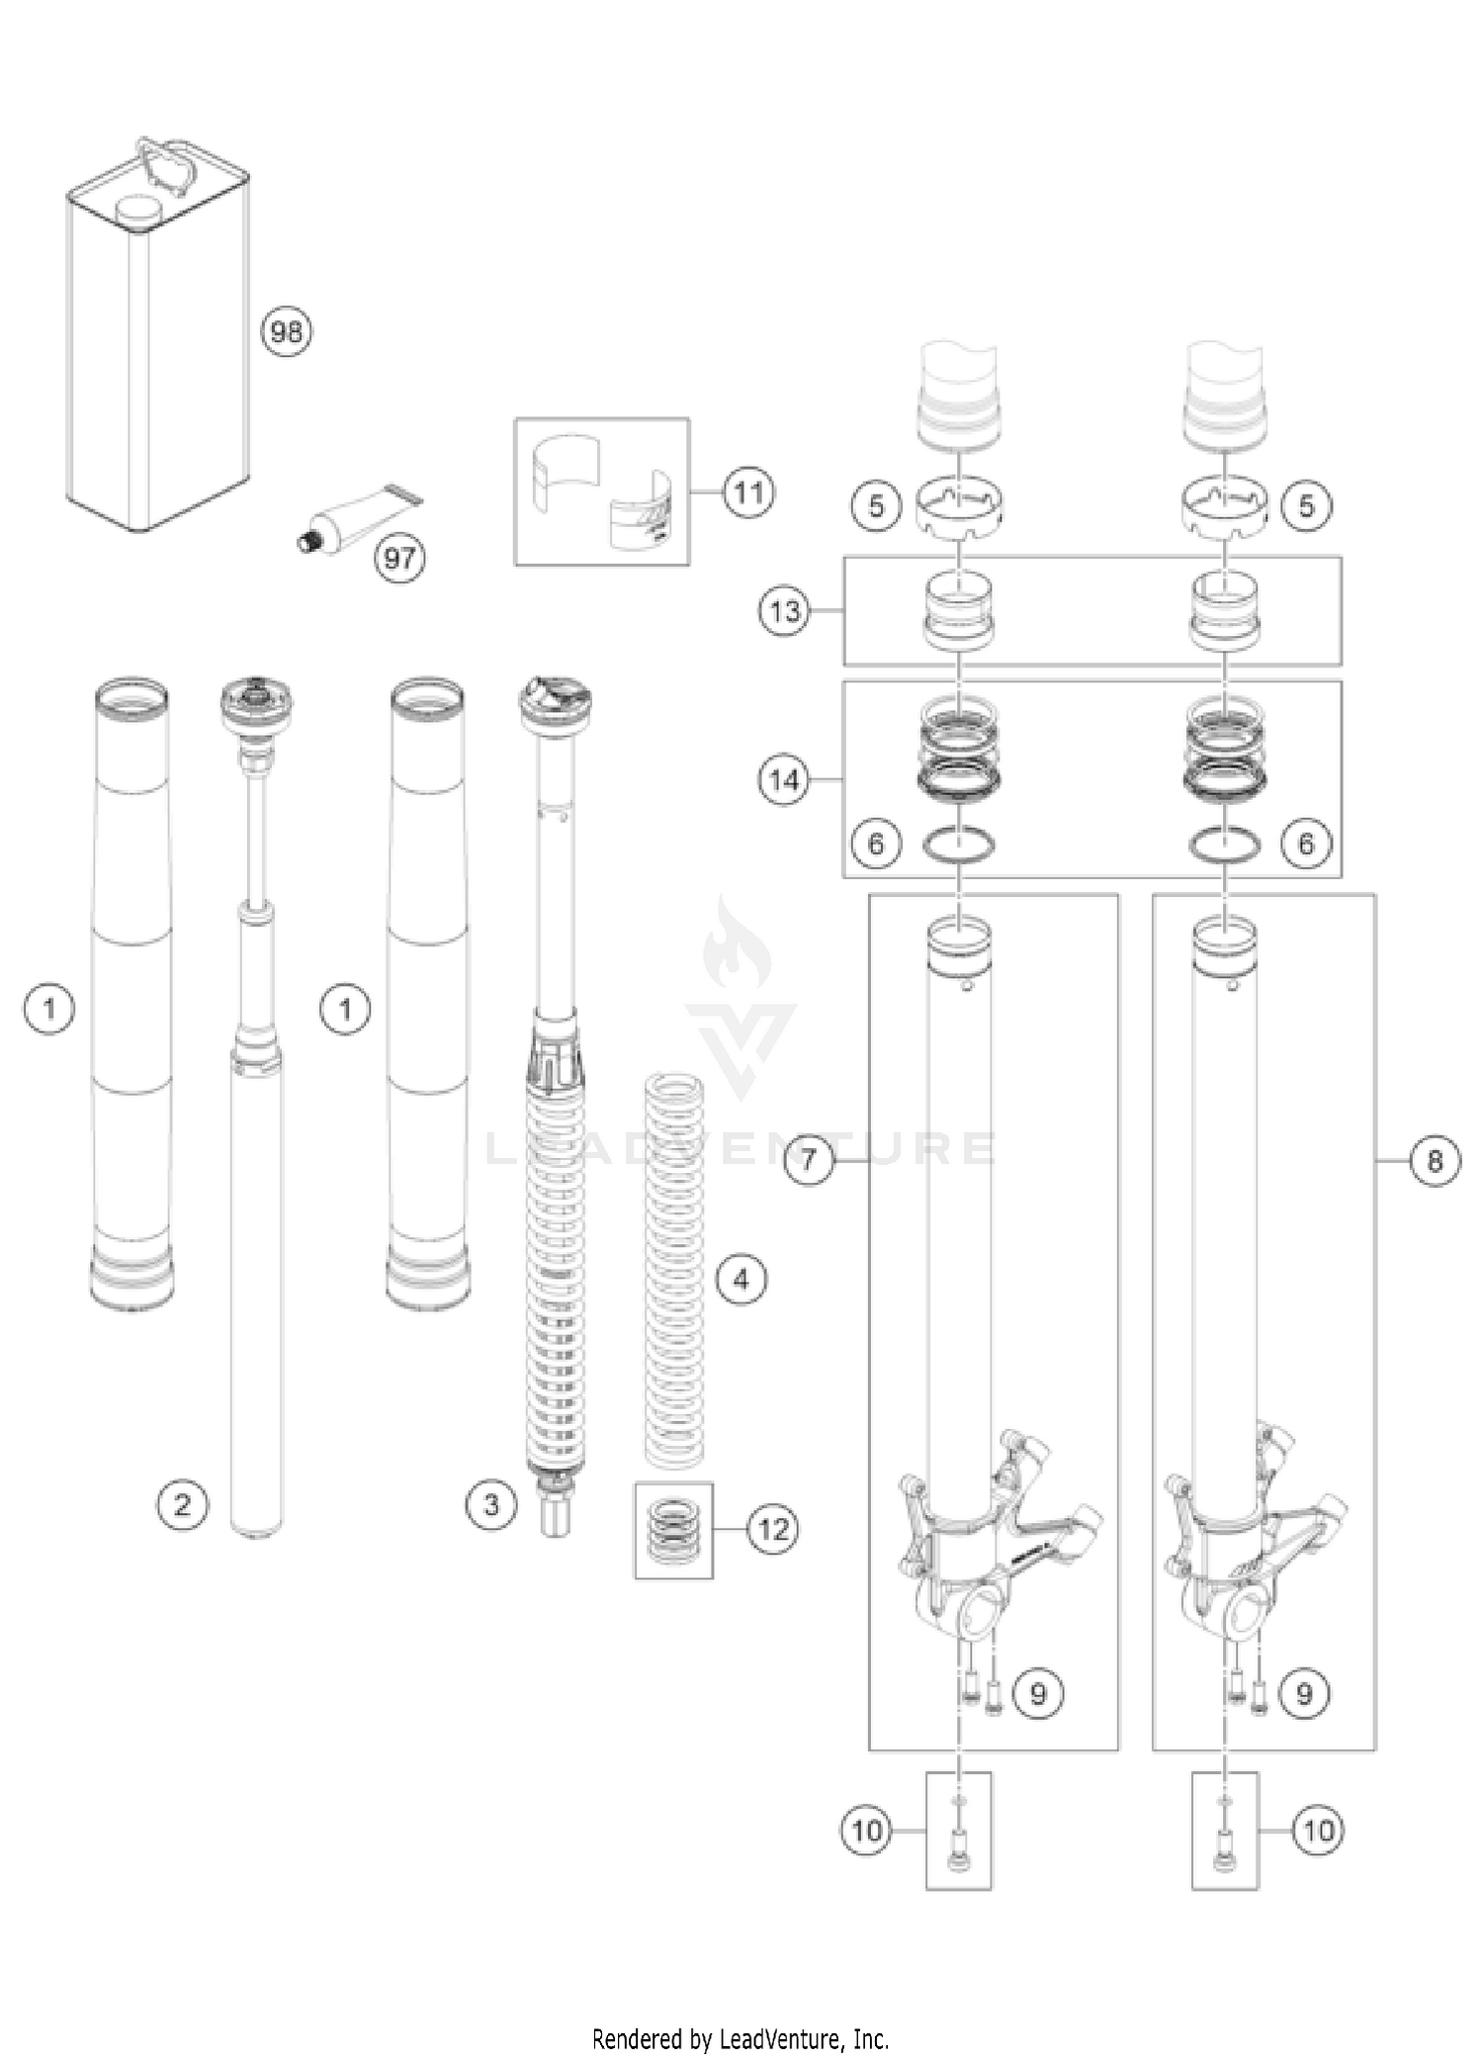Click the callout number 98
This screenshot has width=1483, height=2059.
(x=287, y=331)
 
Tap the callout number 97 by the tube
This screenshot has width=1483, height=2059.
(x=399, y=559)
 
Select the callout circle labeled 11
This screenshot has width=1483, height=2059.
(x=749, y=492)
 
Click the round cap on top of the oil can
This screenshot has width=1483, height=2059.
(x=138, y=210)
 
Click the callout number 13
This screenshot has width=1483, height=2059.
(x=785, y=611)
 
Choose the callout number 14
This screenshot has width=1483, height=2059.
(x=784, y=780)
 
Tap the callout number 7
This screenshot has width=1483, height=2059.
(x=810, y=1159)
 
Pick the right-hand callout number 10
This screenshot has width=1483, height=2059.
(x=1319, y=1831)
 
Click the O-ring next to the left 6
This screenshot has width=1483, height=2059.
(x=958, y=845)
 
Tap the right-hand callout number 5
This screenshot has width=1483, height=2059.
(x=1307, y=506)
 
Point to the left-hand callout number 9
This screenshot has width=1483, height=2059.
(x=1038, y=1694)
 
